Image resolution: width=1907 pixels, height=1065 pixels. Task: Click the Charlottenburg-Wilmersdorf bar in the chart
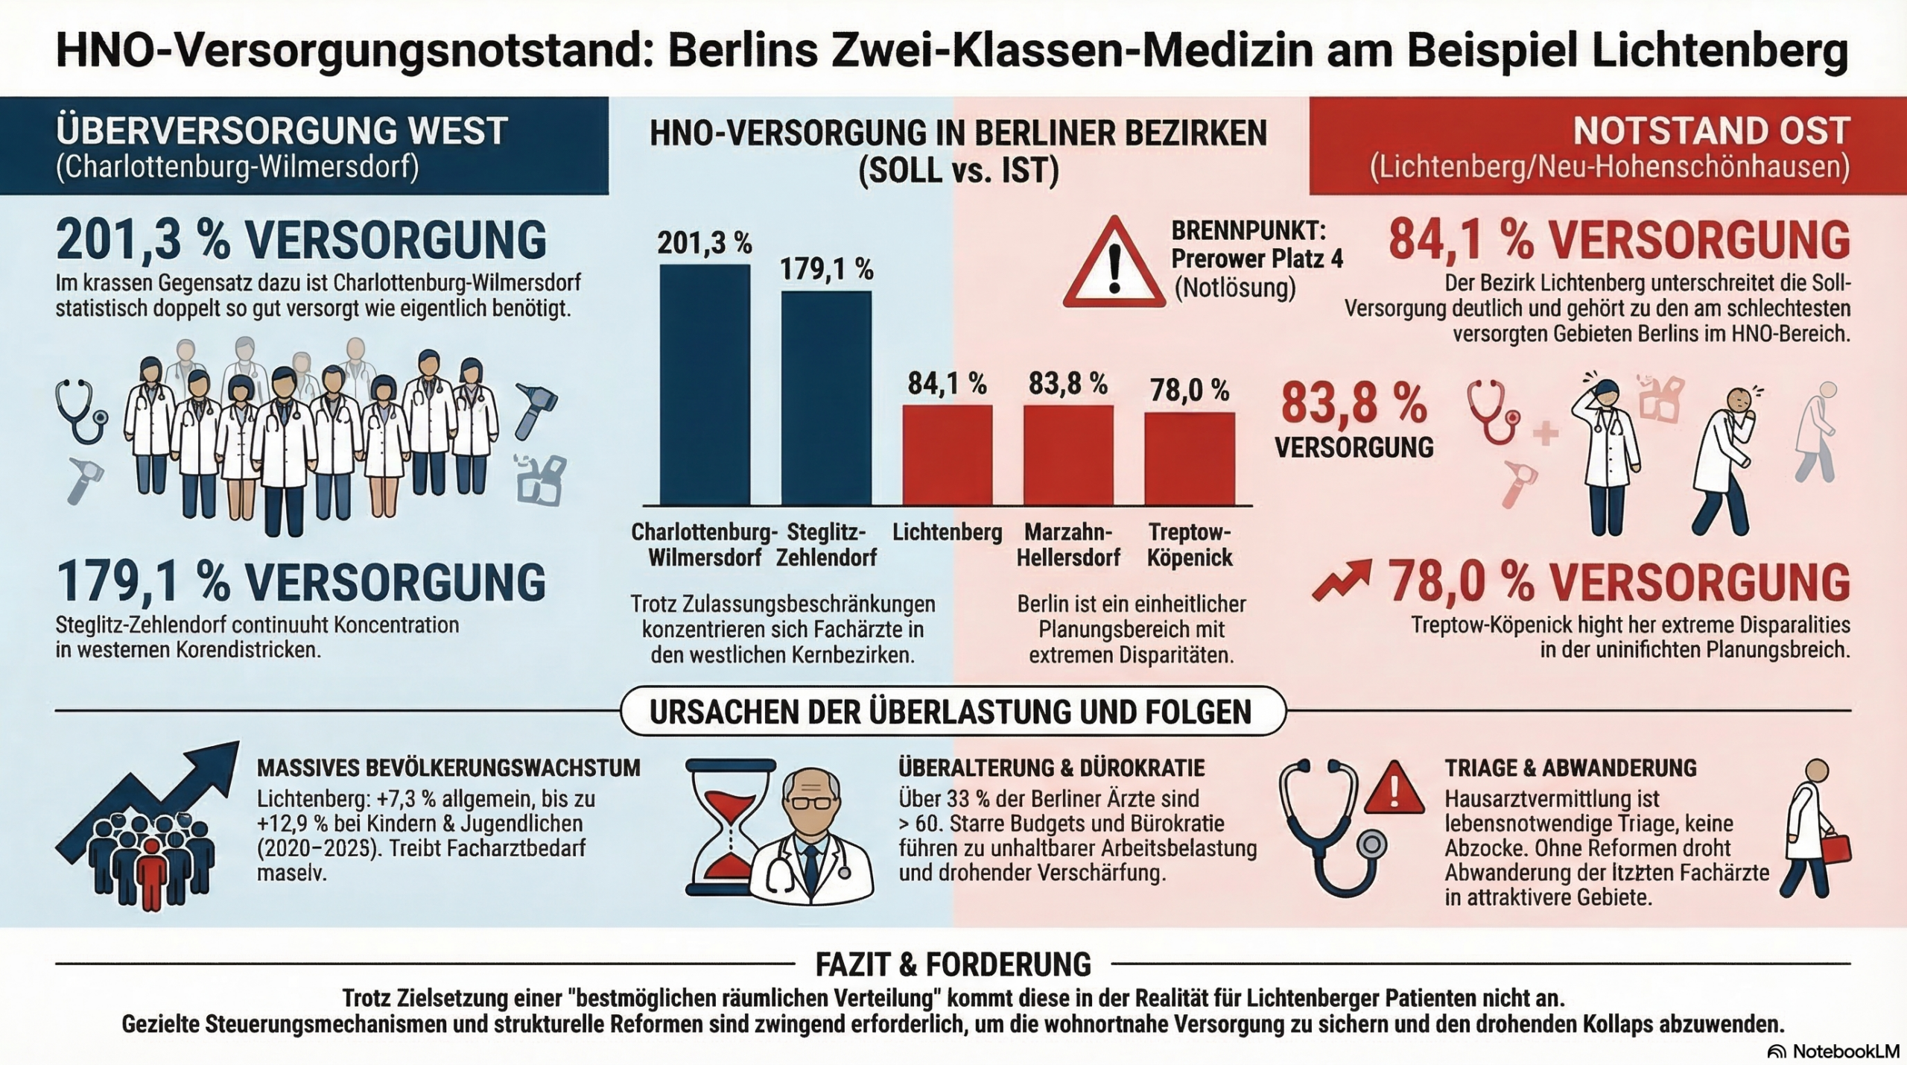(705, 385)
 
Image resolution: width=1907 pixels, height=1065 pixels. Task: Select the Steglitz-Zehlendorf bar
(826, 398)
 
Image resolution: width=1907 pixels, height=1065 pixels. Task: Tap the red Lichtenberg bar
(948, 455)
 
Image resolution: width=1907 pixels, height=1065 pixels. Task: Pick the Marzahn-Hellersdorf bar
(1068, 455)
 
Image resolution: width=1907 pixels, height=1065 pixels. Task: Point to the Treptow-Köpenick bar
(1189, 458)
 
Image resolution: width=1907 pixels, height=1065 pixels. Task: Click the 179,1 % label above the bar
(826, 269)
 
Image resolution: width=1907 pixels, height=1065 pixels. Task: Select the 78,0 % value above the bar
(1189, 390)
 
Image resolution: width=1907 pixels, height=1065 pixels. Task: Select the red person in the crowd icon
(151, 872)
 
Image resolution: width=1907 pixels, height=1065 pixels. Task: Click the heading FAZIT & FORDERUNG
(953, 964)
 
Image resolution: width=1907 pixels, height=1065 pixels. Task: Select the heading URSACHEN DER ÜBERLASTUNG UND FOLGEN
(953, 712)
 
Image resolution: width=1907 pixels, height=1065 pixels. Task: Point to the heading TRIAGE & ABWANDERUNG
(1570, 768)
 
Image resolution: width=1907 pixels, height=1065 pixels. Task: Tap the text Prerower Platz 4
(1257, 258)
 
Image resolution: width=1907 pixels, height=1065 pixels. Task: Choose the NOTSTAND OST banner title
(1711, 131)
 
